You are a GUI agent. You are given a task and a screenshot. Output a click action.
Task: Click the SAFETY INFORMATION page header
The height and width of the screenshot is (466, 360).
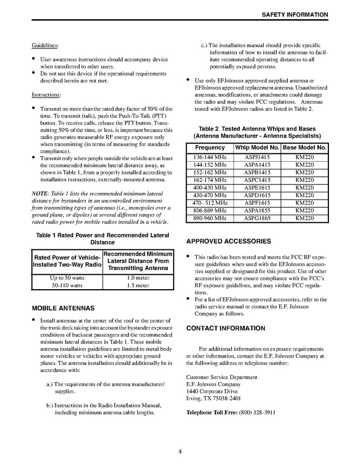pos(295,14)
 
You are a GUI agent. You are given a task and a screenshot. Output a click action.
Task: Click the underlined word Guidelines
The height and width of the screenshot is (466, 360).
pos(45,45)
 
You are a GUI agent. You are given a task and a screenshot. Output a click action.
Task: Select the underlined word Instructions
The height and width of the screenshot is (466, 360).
pos(46,95)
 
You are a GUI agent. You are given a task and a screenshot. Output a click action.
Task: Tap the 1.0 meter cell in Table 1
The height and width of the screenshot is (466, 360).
pos(138,278)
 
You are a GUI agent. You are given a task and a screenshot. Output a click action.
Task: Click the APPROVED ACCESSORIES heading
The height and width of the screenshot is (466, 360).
pos(228,242)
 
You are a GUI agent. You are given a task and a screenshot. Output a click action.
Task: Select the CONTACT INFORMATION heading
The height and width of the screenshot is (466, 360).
pos(225,328)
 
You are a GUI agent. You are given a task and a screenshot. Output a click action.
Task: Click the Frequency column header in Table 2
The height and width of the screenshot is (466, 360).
pos(210,148)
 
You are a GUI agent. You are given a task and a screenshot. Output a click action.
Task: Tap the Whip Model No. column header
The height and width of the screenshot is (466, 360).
pos(257,148)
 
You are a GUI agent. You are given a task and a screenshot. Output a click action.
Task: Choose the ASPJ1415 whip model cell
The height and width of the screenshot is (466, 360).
pos(257,157)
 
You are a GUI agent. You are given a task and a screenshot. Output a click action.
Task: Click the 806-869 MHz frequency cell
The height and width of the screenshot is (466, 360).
pos(210,211)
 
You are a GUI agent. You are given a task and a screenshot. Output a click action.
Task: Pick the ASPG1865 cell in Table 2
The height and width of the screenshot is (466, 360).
pos(257,219)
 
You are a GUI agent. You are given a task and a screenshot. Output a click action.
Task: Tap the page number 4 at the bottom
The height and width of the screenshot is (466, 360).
pos(180,451)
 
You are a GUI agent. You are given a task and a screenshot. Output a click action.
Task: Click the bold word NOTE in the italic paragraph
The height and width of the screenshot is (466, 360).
pos(40,193)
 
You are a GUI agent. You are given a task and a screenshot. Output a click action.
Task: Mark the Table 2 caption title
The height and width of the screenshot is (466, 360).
pos(257,132)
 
